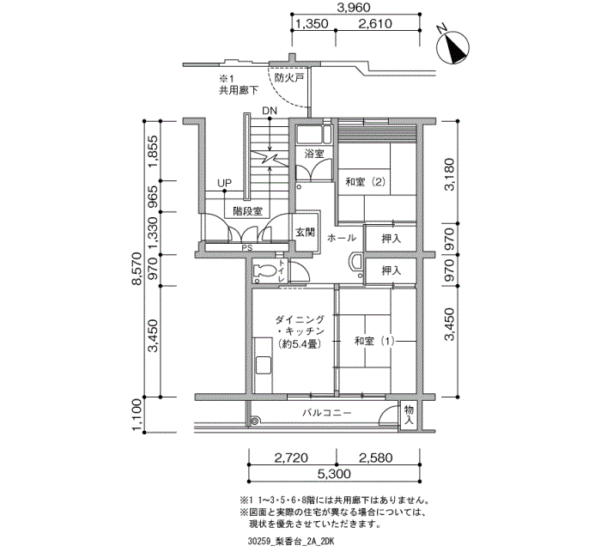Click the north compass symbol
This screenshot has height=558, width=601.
[x=453, y=47]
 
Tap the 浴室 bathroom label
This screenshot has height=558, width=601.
[x=314, y=154]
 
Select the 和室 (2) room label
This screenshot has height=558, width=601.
[x=365, y=182]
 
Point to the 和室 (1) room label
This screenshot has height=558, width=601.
[x=374, y=341]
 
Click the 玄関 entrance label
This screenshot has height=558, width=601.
[x=305, y=233]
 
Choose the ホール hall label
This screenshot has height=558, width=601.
[x=342, y=238]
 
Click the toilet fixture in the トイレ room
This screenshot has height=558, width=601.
[x=264, y=271]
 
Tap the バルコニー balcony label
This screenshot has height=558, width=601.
[x=327, y=413]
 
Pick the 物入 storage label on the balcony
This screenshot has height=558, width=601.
[x=409, y=415]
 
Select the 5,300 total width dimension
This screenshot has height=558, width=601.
[x=334, y=474]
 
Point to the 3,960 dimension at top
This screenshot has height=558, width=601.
[x=353, y=7]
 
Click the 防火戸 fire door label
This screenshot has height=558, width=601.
[x=289, y=78]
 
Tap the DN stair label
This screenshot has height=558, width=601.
[x=270, y=111]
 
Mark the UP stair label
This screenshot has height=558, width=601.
[x=225, y=183]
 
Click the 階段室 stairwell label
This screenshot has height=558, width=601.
[x=247, y=211]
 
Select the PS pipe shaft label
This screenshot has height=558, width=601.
[x=247, y=248]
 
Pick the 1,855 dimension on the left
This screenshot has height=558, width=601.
[x=154, y=151]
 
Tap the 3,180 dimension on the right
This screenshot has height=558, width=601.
[x=449, y=174]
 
